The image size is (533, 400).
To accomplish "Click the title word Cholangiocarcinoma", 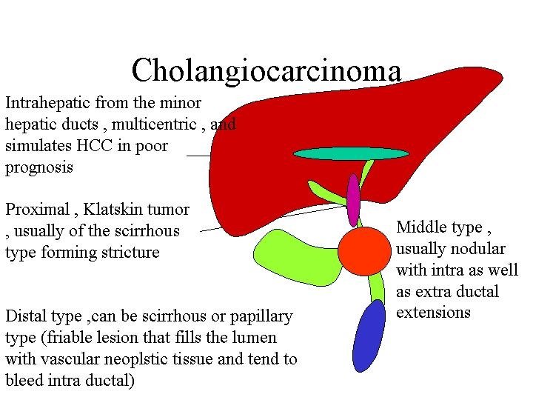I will coord(266,71).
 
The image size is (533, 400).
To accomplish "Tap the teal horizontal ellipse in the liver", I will coord(351,153).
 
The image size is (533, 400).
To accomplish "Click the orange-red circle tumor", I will coord(363,250).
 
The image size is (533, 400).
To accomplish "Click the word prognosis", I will coord(39,167).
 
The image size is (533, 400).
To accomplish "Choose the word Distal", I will coord(26,316).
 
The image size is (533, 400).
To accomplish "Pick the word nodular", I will coord(475,248).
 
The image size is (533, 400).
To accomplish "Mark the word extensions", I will coord(433,313).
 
